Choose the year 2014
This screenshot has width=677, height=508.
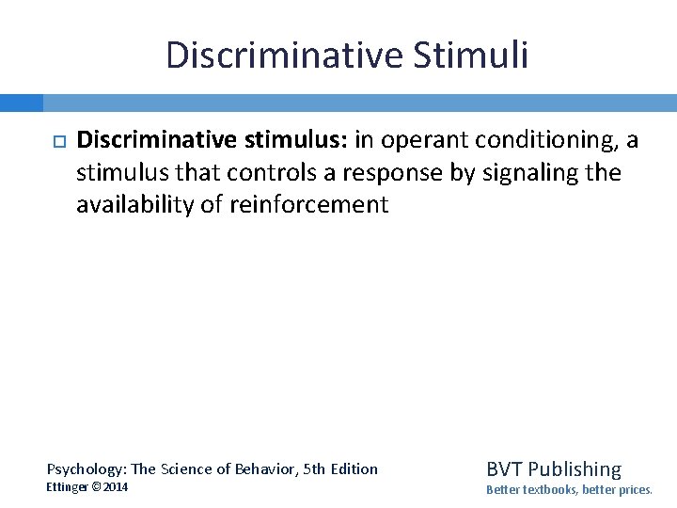[x=118, y=487]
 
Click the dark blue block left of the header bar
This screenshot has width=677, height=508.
[x=21, y=103]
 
